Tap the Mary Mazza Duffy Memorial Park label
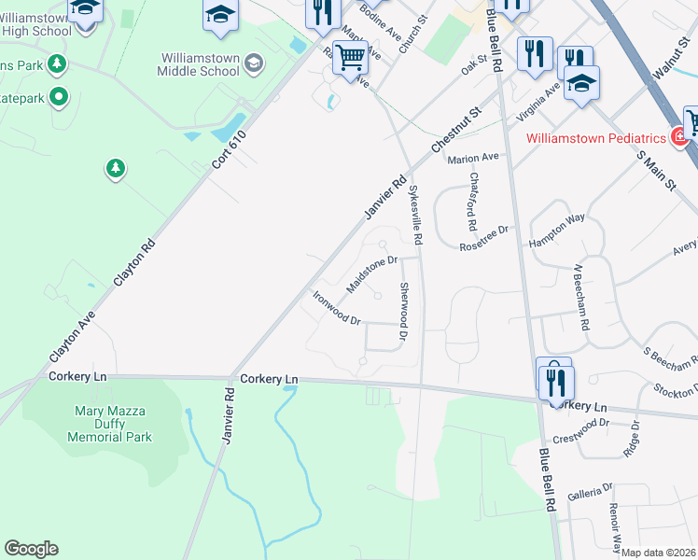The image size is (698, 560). point(112,423)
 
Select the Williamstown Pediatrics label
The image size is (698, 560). point(596,138)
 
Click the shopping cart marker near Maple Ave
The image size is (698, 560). point(350,59)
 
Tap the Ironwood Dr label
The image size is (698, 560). point(336,308)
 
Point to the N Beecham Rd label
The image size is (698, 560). point(582,298)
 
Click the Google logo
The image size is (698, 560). point(31,549)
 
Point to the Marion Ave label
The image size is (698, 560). point(473,159)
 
